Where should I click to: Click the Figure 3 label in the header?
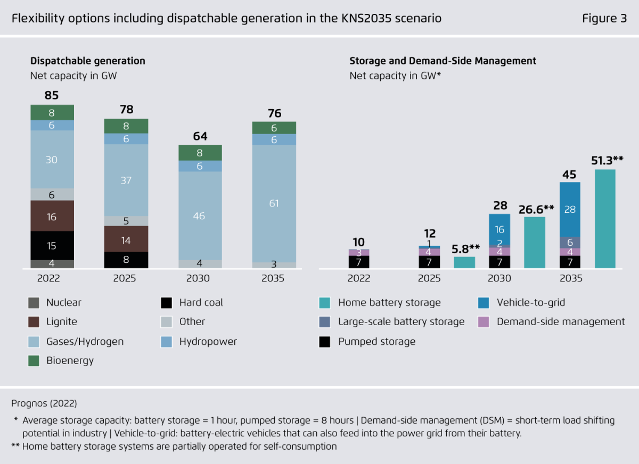coord(604,19)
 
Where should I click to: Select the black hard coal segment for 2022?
coord(52,245)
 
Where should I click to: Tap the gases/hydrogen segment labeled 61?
coord(274,203)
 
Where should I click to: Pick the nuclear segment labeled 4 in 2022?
coord(52,263)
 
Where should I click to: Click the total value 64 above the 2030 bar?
coord(200,136)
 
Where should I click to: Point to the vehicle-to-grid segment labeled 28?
coord(570,209)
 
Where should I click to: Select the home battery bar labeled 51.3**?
coord(605,219)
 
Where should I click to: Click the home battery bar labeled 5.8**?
coord(464,262)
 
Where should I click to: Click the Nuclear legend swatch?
coord(34,303)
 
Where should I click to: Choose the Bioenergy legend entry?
coord(70,360)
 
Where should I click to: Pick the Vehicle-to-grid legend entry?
coord(530,303)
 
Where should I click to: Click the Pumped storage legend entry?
coord(376,341)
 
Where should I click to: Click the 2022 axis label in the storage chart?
coord(359,278)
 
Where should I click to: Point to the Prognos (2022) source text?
coord(44,403)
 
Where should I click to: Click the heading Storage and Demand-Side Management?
coord(443,61)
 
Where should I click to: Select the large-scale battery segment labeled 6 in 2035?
coord(570,242)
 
